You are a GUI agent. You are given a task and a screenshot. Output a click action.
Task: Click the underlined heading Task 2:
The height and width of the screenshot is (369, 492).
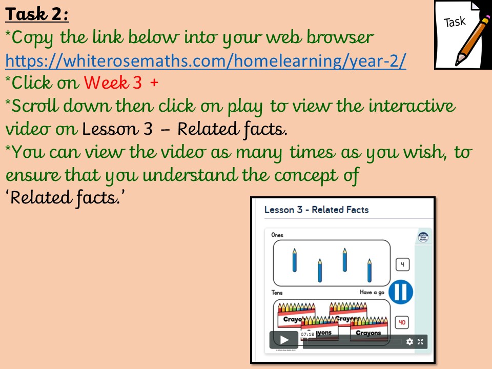[37, 14]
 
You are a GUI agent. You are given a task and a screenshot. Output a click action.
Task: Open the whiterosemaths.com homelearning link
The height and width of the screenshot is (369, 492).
[206, 60]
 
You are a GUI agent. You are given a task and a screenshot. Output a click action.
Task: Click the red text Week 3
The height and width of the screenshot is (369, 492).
[113, 83]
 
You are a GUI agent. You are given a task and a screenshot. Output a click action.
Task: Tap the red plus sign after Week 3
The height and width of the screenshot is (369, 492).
[154, 83]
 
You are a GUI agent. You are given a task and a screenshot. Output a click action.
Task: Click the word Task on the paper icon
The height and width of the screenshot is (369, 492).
[455, 22]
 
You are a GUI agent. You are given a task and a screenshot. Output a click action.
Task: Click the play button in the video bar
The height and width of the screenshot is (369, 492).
[284, 340]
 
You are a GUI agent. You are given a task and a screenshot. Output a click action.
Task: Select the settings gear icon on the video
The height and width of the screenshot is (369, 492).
[409, 342]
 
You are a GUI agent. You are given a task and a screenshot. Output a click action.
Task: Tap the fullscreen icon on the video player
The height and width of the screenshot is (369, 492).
[420, 342]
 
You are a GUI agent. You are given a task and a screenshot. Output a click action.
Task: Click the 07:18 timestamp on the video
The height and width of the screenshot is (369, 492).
[307, 335]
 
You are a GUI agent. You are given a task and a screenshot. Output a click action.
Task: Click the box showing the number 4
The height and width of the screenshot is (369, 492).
[402, 264]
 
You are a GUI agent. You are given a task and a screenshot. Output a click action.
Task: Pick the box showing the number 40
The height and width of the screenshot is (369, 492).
[402, 322]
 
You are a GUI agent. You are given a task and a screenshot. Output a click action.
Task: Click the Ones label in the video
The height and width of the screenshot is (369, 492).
[277, 235]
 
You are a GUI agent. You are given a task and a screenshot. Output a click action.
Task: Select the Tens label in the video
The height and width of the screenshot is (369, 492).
[277, 293]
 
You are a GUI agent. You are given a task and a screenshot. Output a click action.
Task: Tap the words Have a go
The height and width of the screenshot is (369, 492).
[372, 293]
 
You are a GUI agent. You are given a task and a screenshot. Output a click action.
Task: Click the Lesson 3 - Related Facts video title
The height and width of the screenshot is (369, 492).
[316, 210]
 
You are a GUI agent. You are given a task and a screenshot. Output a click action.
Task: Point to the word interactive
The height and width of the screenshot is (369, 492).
[412, 106]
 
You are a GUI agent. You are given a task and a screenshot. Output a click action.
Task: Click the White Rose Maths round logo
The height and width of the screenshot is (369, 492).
[423, 237]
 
